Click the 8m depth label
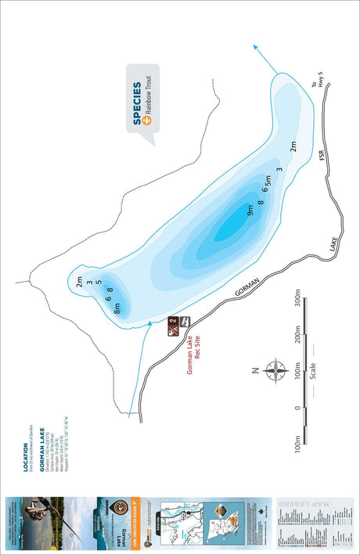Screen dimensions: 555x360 click(x=117, y=308)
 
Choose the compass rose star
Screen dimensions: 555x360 click(x=275, y=370)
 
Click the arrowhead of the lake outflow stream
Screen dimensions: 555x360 click(x=257, y=48)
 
